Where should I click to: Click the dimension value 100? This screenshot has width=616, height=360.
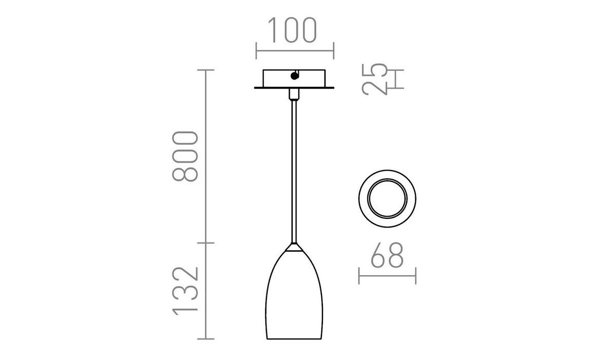point(294,31)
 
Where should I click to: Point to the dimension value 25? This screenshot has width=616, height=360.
point(374,80)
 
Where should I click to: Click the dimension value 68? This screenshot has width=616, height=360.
point(387,255)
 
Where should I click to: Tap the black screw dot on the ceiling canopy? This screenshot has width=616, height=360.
point(294,77)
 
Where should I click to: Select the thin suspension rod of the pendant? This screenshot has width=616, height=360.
point(294,169)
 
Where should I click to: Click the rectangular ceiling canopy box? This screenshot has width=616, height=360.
point(294,78)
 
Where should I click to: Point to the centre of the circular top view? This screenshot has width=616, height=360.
point(387,197)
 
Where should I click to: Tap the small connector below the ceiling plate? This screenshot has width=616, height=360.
point(294,94)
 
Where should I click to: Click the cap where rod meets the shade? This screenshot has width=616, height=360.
point(294,247)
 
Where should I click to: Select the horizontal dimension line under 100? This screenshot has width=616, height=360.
point(294,51)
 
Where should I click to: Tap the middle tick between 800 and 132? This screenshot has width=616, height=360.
point(206,242)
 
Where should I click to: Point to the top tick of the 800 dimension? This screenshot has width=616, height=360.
point(206,70)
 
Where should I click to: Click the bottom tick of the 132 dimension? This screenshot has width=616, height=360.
point(206,339)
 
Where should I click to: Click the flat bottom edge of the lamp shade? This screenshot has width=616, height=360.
point(294,339)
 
